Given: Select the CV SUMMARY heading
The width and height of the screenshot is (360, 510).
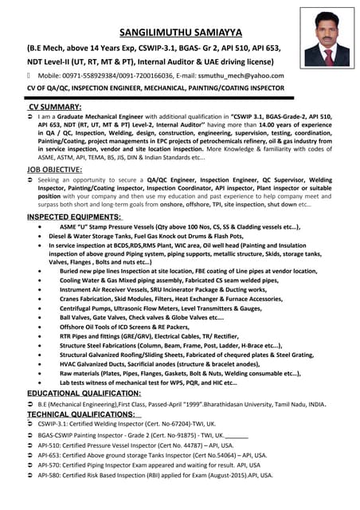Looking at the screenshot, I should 55,106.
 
